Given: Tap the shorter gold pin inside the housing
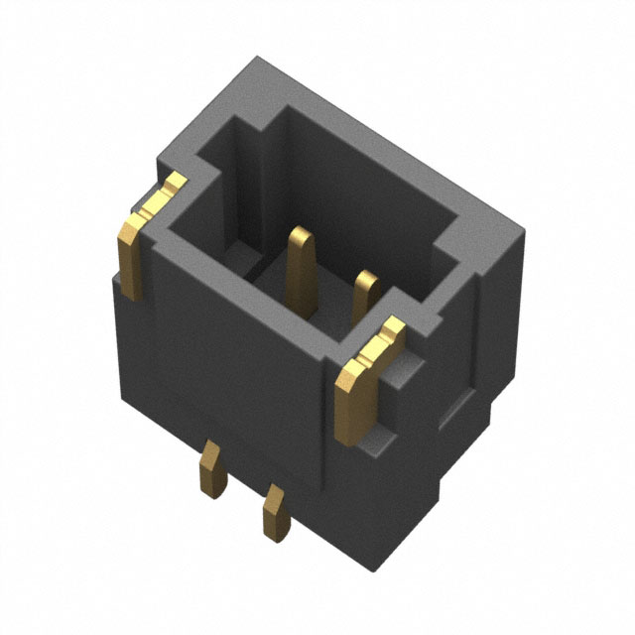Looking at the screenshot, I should pyautogui.click(x=367, y=293).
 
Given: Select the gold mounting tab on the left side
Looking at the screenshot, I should pyautogui.click(x=134, y=248).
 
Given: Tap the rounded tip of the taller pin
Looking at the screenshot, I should pyautogui.click(x=301, y=234).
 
